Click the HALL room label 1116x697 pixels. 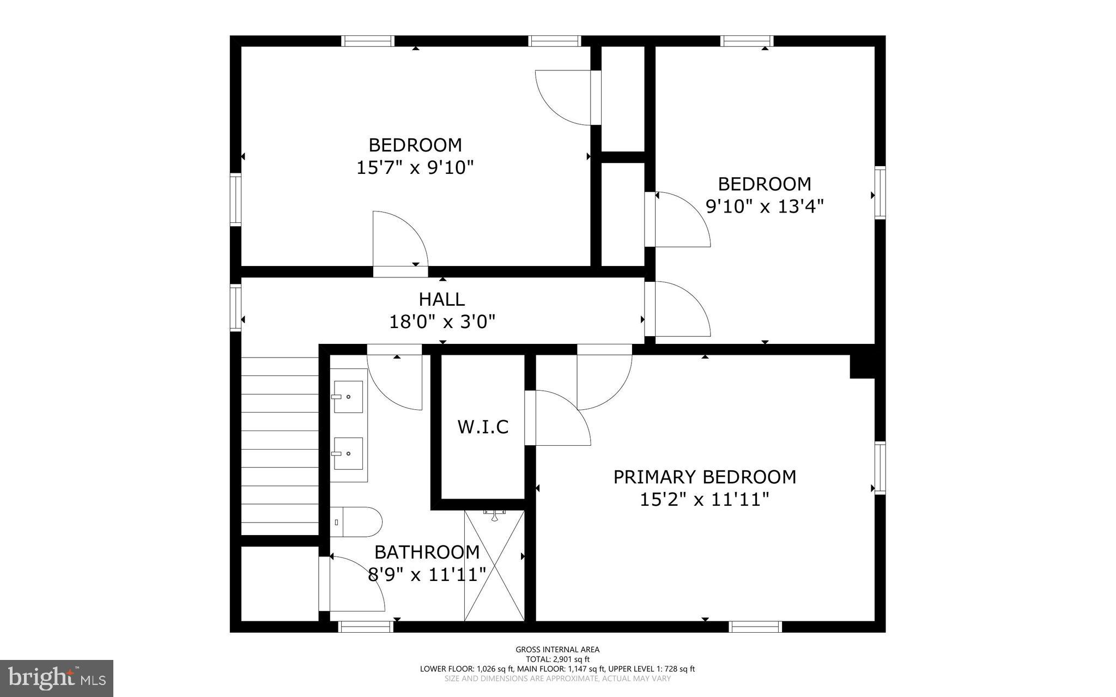point(441,299)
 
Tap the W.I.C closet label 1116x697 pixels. point(483,427)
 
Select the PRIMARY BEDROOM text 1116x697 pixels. point(705,477)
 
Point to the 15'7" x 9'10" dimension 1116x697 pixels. point(415,167)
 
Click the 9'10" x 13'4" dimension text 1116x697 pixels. point(765,207)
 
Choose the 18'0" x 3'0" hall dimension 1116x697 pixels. point(442,322)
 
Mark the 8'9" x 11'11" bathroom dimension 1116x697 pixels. point(427,574)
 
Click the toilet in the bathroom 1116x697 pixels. point(356,522)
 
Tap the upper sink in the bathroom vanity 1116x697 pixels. point(348,397)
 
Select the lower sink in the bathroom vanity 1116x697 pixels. point(348,453)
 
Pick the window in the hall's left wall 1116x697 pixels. point(235,308)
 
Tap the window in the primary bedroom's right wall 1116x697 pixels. point(880,468)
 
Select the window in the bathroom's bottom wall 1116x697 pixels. point(366,627)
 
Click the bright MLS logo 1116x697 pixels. point(57,678)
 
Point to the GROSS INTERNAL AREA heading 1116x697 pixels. point(557,649)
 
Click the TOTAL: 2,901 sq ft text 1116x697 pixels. point(557,659)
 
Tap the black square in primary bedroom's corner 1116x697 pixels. point(863,366)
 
